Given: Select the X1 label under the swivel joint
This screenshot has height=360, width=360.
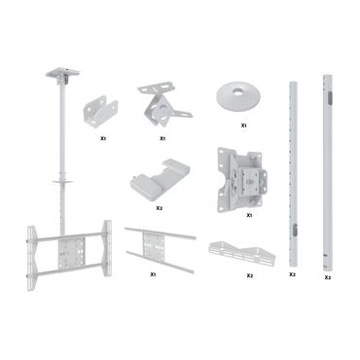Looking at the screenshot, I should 162,138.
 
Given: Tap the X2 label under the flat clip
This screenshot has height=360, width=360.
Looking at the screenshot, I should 159,207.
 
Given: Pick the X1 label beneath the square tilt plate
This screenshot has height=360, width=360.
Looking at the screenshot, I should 249,215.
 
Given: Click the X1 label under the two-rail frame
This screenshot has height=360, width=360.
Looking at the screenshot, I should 154,274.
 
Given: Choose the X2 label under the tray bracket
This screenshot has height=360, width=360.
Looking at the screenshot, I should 250,275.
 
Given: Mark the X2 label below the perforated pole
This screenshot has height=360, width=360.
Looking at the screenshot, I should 292,275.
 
